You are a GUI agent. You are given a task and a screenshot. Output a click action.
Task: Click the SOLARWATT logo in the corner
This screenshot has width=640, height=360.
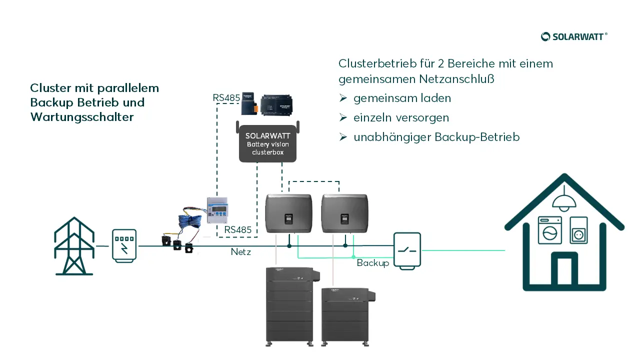(574, 36)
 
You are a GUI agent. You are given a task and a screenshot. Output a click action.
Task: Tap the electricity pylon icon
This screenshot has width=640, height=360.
(74, 246)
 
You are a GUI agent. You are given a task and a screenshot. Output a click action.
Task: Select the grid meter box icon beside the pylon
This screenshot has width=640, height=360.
(124, 245)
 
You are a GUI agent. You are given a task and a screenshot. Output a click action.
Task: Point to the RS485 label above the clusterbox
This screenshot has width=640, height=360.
(226, 98)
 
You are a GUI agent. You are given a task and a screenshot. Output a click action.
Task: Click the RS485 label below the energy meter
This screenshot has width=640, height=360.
(237, 229)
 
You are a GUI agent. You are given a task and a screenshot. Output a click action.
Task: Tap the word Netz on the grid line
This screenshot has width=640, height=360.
(241, 252)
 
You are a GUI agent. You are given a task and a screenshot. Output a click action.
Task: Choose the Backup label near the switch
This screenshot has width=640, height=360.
(373, 263)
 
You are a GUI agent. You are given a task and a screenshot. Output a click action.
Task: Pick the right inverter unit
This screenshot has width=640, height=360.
(345, 213)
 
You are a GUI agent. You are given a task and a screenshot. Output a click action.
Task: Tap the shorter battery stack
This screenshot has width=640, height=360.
(347, 315)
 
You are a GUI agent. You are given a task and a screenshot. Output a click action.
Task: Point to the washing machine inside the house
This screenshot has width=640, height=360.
(549, 230)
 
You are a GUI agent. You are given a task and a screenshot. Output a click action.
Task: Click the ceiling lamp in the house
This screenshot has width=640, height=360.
(564, 199)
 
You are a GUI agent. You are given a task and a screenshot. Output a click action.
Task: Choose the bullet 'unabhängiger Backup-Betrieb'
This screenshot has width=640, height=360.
(436, 137)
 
